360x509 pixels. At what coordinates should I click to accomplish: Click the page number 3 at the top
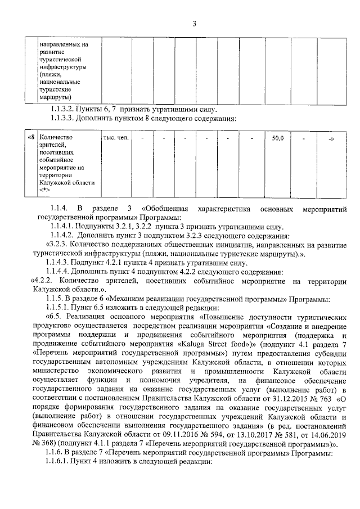pos(193,24)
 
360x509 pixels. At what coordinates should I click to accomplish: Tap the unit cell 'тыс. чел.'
pos(115,138)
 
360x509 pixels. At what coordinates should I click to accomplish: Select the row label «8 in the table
pos(31,138)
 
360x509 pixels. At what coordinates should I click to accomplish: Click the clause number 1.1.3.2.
pos(66,109)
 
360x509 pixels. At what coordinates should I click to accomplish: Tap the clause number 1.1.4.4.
pos(66,271)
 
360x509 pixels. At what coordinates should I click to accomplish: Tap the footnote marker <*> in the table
pos(46,191)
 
